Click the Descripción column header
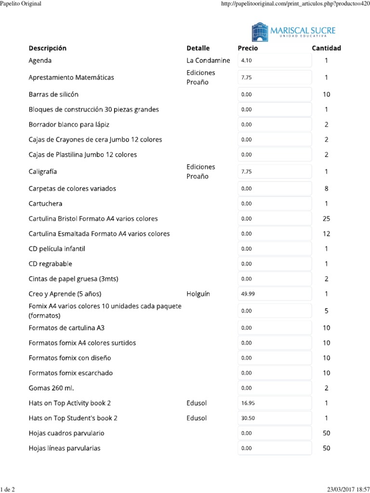48,48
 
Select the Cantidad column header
326,48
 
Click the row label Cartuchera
45,204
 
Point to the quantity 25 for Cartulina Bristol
326,219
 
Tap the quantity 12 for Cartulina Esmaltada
326,234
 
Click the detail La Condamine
208,61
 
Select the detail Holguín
198,294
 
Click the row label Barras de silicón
53,94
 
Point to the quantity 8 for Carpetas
326,189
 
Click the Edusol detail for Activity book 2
197,403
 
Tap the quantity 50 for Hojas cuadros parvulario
326,433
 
